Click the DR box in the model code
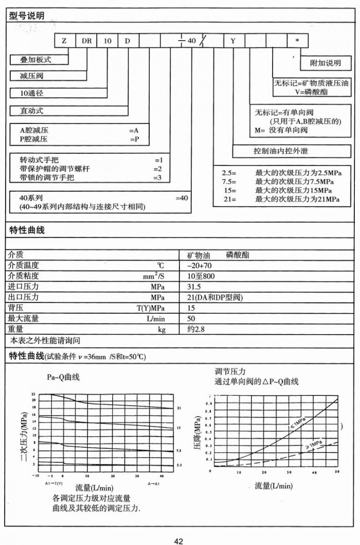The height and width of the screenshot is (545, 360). pos(86,40)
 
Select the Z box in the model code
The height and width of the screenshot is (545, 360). pos(64,40)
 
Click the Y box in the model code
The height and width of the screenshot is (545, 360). pos(233,40)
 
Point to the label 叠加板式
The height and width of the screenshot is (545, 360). pos(32,60)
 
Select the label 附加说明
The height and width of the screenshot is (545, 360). pos(326,63)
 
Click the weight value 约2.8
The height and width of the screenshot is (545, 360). pos(196,329)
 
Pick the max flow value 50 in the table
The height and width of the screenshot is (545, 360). pos(191,318)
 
